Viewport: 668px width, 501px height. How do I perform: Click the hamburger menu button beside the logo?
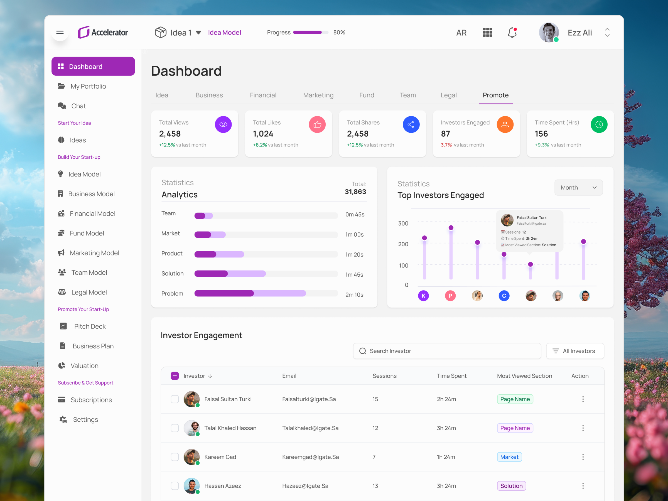[60, 32]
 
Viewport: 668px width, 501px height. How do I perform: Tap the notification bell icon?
[512, 32]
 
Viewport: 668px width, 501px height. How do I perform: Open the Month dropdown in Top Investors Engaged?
[578, 188]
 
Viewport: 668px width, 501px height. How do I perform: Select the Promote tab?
[495, 95]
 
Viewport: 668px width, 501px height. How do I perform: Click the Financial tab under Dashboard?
[263, 95]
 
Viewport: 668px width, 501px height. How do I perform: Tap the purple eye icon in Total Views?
[223, 124]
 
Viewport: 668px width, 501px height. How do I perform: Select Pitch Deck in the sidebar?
[90, 326]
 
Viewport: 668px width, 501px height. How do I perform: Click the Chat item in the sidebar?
[78, 106]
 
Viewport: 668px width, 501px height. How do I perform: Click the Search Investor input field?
[447, 351]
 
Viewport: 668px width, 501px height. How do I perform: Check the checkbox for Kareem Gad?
[175, 457]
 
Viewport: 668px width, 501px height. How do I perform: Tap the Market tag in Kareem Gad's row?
[509, 457]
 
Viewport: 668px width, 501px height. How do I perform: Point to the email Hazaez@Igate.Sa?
[305, 486]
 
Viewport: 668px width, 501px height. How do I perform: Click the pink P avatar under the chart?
[450, 296]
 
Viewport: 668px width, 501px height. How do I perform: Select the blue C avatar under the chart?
[504, 296]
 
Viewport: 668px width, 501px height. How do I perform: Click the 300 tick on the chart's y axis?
[403, 224]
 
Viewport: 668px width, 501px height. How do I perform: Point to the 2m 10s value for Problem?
[354, 295]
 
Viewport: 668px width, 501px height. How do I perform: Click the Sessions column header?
[384, 376]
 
